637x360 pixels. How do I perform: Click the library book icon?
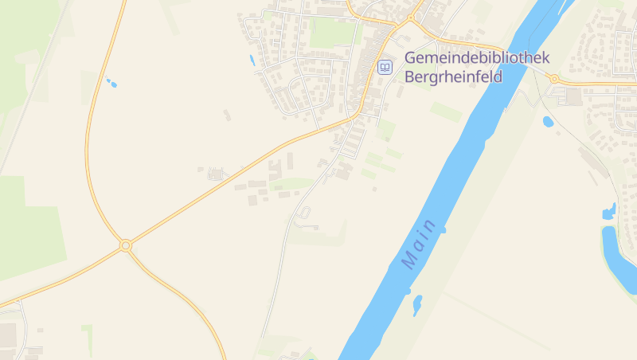click(385, 67)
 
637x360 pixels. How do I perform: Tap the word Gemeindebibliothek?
click(477, 58)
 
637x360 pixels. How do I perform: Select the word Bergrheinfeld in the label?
click(453, 77)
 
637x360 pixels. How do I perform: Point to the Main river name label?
click(420, 243)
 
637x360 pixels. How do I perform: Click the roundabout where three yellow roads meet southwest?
click(125, 245)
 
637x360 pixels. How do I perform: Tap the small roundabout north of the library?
click(411, 18)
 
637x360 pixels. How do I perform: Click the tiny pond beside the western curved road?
click(111, 82)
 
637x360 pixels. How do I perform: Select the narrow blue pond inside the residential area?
click(252, 60)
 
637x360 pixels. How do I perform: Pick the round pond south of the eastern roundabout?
click(548, 122)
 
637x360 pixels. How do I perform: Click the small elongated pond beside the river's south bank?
click(416, 304)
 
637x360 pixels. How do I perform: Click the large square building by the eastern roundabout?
click(573, 96)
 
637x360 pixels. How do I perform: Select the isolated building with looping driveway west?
click(213, 174)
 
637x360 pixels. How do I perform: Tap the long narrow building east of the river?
click(594, 162)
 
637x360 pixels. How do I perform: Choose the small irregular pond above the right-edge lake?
click(610, 212)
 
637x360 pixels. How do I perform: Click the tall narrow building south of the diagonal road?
click(289, 161)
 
